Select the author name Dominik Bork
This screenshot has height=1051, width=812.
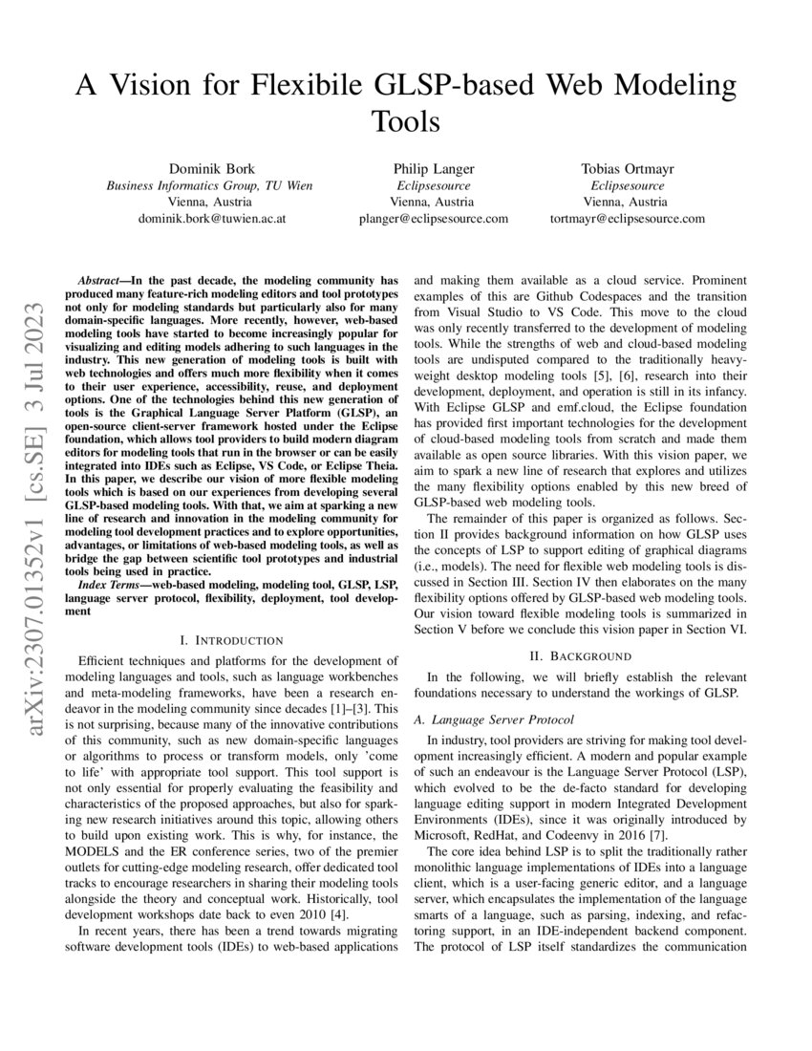click(208, 169)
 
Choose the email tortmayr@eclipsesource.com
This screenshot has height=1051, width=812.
click(628, 219)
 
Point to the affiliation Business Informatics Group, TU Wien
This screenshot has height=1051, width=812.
click(208, 185)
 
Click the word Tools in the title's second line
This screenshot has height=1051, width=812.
click(405, 121)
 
